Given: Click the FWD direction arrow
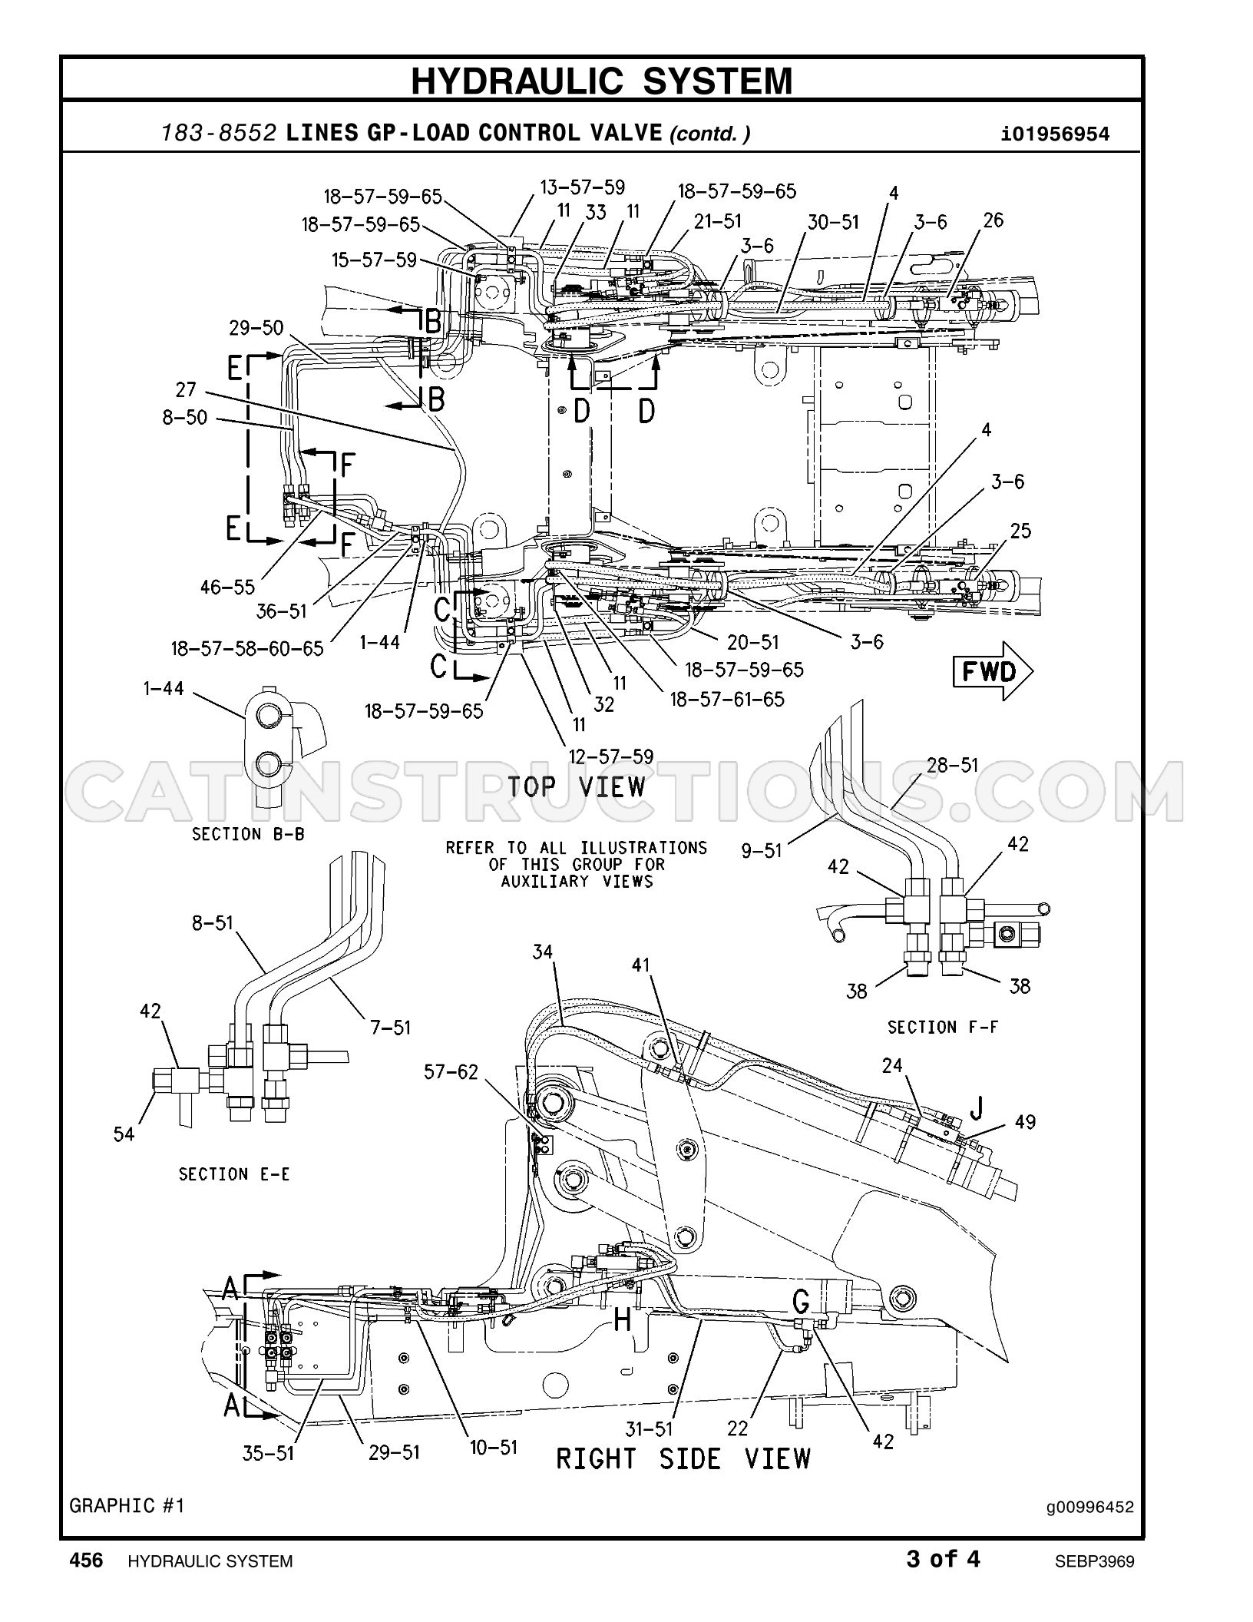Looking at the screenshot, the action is point(993,672).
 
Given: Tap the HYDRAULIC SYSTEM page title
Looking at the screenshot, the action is point(601,81).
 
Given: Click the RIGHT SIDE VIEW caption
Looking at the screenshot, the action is point(683,1458).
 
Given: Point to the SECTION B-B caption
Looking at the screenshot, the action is point(248,834).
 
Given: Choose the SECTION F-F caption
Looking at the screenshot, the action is point(943,1027).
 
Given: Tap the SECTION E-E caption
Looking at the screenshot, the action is point(234,1174).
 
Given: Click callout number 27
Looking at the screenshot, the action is point(186,389).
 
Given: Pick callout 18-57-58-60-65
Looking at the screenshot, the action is point(247,648).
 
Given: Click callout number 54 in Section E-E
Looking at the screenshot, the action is point(124,1134).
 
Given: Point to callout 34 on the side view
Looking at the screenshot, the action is point(542,952).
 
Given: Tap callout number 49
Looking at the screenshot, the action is point(1025,1122).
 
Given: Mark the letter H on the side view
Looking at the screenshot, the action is point(623,1319).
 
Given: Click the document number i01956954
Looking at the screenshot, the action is point(1056,135).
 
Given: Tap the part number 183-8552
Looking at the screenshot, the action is point(218,134).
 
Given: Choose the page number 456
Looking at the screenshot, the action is point(86,1560).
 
